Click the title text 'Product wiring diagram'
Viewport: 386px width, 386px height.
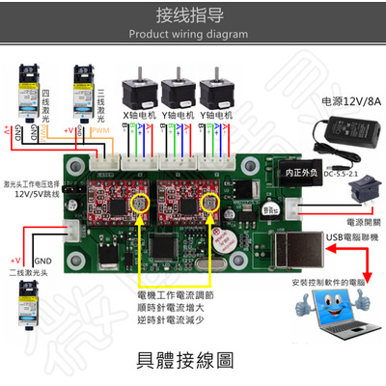[x=193, y=32]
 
